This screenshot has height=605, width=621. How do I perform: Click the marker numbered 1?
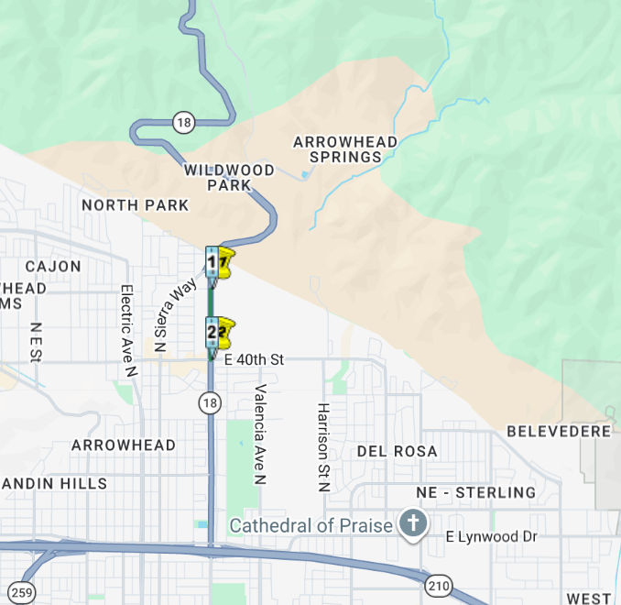point(212,262)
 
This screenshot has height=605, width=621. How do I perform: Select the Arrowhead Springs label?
point(345,149)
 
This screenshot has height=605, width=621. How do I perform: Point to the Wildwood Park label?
point(229,178)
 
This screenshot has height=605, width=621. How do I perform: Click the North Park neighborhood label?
point(136,205)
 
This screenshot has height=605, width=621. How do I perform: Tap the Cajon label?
point(53,267)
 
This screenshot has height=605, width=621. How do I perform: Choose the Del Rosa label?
point(397,452)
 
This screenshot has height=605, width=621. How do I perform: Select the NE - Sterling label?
point(475,493)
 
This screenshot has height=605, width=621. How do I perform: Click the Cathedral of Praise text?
point(310,526)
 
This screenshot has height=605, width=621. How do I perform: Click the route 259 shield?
point(23,592)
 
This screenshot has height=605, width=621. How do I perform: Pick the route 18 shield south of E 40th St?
point(212,401)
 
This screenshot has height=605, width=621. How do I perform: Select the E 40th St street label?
point(254,359)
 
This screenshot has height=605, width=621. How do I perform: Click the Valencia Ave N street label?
point(260,434)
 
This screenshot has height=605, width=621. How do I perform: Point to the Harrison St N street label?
point(322,446)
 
